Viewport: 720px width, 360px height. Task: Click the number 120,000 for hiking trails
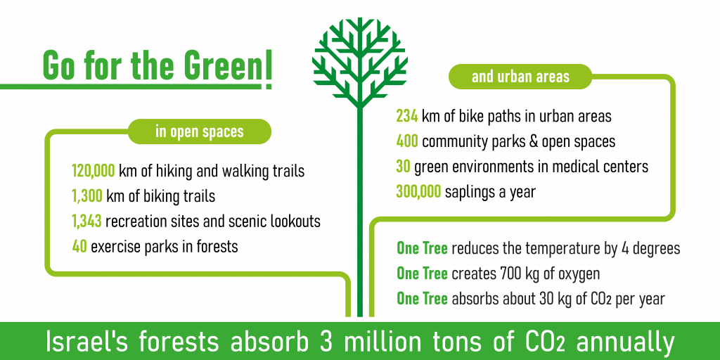click(94, 172)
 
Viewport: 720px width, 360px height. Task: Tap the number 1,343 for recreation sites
click(86, 221)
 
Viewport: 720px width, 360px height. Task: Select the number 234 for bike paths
click(407, 117)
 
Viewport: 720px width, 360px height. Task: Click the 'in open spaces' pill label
click(199, 131)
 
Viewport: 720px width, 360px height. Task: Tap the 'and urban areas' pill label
click(521, 77)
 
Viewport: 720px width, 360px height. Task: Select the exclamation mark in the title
click(268, 69)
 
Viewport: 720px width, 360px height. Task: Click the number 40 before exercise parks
click(79, 247)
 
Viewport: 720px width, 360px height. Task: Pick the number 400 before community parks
click(407, 142)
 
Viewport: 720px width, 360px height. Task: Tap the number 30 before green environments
click(403, 167)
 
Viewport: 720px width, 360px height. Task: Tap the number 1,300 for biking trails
click(86, 197)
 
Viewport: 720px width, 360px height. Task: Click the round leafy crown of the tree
click(359, 59)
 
